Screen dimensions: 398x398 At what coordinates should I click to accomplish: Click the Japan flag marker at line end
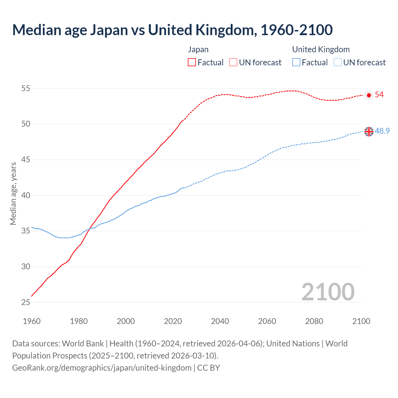[x=369, y=95]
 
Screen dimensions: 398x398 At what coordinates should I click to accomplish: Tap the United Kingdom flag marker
[x=369, y=132]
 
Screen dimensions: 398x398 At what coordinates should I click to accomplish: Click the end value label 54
[x=379, y=95]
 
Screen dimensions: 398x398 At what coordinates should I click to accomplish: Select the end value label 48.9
[x=382, y=131]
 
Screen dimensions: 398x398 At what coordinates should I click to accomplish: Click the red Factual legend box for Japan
[x=192, y=62]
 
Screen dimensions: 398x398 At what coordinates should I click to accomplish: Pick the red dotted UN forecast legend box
[x=233, y=62]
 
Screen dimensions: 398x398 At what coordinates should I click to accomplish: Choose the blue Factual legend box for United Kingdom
[x=296, y=62]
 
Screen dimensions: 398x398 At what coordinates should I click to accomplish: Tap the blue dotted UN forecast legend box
[x=337, y=62]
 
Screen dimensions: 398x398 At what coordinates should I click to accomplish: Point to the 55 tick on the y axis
[x=25, y=88]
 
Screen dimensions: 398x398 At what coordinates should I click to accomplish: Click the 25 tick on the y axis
[x=25, y=302]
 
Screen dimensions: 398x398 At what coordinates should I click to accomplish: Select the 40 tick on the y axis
[x=25, y=195]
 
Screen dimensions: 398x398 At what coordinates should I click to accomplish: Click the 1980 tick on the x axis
[x=79, y=321]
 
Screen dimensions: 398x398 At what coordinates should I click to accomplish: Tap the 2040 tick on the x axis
[x=220, y=321]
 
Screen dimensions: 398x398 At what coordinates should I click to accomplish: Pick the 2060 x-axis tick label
[x=267, y=321]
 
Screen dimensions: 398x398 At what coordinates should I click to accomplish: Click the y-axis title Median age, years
[x=13, y=193]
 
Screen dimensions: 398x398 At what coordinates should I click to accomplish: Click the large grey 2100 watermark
[x=328, y=292]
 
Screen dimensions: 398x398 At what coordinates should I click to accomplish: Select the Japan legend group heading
[x=198, y=49]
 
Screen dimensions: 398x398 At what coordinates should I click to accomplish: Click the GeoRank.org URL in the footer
[x=102, y=368]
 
